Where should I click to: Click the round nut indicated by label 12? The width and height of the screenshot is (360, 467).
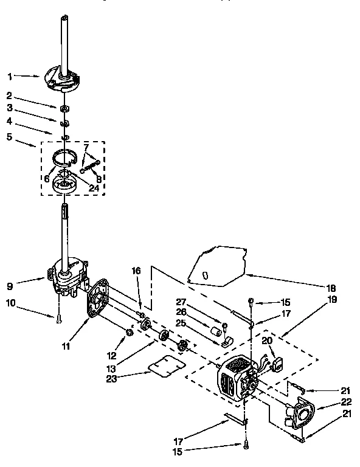tap(129, 332)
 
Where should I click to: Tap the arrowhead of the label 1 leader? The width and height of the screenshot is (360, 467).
tap(41, 78)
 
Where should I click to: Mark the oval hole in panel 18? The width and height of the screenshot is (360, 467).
tap(205, 275)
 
